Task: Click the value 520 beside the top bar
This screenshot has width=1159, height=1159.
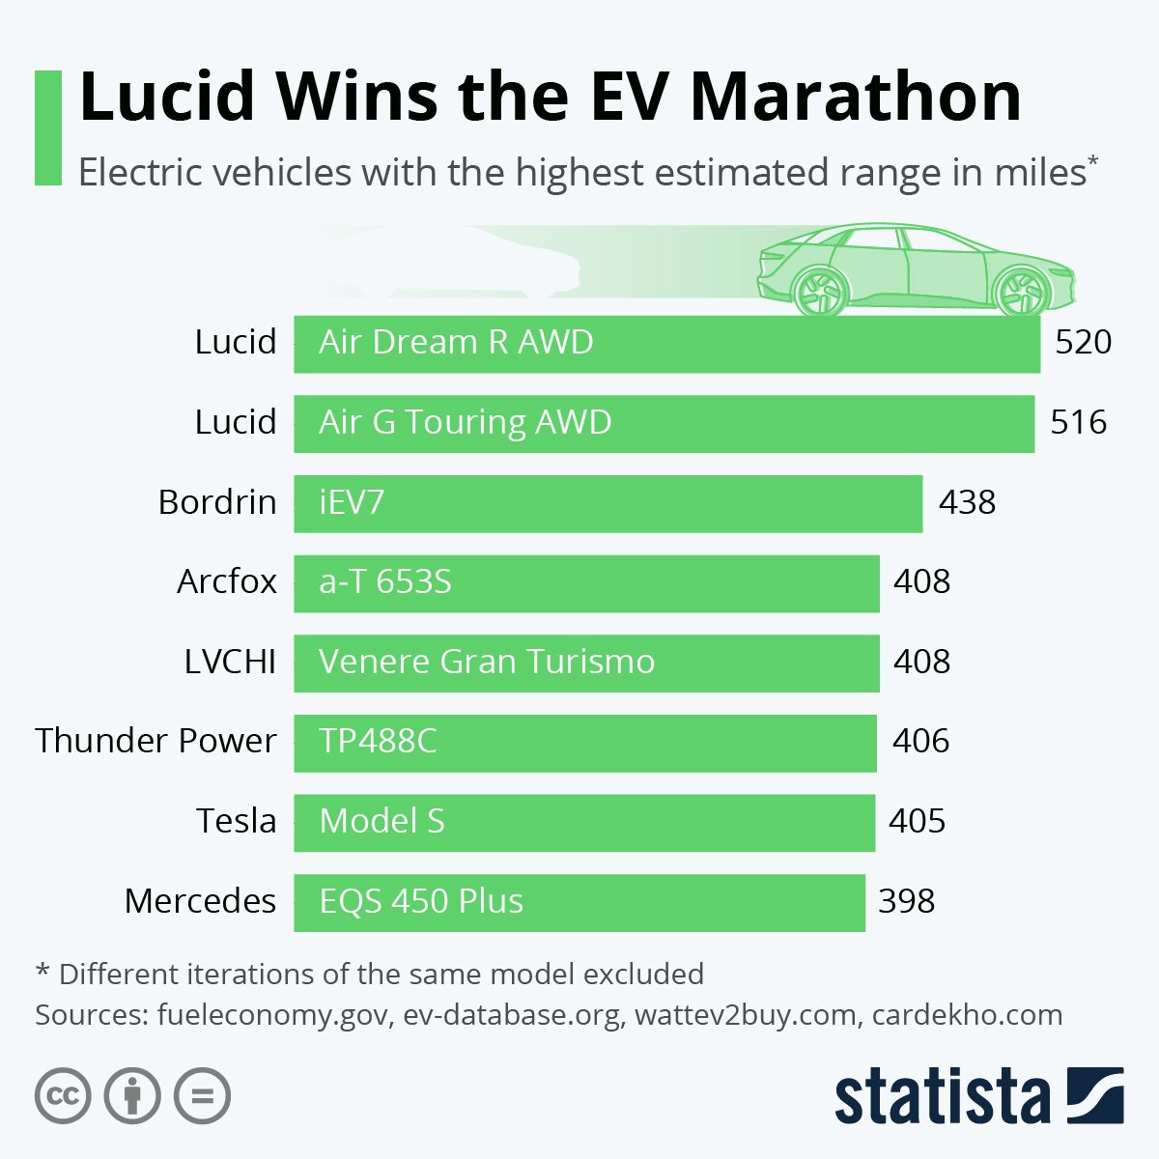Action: (1083, 342)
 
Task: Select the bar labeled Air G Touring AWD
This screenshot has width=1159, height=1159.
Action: (664, 423)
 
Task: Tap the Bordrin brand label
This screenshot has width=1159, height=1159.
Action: (217, 502)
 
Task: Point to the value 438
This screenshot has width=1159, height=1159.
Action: (967, 502)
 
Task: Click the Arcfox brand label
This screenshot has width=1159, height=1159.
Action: (227, 581)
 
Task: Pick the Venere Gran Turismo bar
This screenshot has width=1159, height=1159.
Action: (586, 663)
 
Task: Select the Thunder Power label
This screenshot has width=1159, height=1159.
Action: (155, 741)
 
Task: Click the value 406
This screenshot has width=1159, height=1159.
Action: (920, 741)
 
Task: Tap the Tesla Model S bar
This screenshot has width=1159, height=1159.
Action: (583, 822)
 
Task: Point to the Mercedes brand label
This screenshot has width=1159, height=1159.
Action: (200, 901)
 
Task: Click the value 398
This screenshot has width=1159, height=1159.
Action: (906, 901)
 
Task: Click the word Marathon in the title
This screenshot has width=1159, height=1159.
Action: (856, 97)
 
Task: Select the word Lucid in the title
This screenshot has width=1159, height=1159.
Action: (167, 97)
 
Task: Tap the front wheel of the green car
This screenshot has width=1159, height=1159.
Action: (1022, 291)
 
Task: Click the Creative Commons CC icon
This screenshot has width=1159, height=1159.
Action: (63, 1096)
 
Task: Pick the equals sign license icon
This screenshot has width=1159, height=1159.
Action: (203, 1096)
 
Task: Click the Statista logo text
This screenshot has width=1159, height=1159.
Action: (942, 1098)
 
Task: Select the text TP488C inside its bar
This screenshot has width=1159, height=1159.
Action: (378, 741)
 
